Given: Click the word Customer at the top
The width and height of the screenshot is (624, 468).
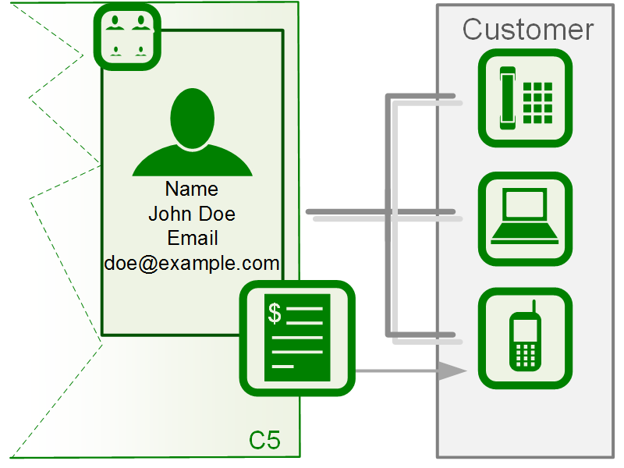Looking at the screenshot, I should (527, 30).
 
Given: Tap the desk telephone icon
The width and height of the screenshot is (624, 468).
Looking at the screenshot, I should (525, 97).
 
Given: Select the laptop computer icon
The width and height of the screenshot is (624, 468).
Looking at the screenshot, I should (525, 219).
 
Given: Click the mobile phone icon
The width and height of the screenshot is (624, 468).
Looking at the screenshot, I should (525, 339).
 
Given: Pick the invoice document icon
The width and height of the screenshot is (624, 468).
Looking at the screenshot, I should (297, 338).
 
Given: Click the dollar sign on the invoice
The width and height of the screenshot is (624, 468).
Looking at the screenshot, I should (275, 313).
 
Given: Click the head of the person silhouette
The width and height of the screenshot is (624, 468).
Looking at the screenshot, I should (192, 118).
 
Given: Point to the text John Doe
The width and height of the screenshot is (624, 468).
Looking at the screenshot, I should (192, 214).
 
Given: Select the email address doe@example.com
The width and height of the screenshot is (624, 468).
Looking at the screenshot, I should (192, 263).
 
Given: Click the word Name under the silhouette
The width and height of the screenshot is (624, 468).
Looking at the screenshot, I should (192, 190).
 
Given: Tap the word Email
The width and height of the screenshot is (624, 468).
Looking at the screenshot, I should (192, 238).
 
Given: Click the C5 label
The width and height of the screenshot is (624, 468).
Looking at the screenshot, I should (264, 440).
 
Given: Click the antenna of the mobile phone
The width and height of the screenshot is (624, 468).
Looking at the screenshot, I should (534, 306).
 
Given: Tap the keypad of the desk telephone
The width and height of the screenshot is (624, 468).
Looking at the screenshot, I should (537, 101).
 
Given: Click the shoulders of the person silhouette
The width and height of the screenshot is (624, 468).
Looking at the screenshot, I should (192, 163).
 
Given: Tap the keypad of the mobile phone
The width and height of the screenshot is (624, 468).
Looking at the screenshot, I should (525, 355).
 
